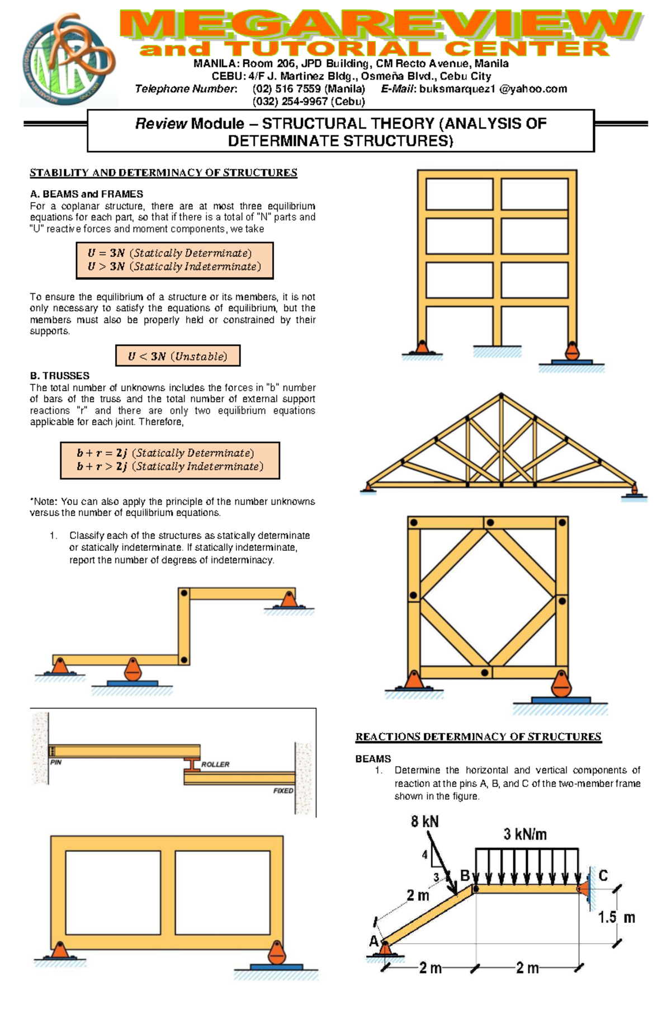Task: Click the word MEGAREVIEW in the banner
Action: point(380,26)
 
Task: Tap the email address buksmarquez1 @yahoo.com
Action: point(493,89)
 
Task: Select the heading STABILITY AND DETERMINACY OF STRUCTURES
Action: point(163,173)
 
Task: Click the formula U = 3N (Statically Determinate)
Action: point(170,253)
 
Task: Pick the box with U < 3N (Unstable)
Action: point(178,356)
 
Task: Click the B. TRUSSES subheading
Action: point(59,376)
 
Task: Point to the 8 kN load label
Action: point(424,822)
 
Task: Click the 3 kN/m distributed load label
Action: point(524,834)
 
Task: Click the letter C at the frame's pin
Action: point(603,875)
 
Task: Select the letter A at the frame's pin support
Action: point(374,941)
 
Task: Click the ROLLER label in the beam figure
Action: point(215,764)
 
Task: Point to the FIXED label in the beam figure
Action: point(283,791)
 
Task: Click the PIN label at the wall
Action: point(56,762)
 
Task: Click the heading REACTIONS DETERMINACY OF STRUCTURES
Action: point(478,737)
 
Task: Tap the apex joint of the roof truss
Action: point(501,396)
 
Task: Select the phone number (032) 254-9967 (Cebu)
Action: point(309,101)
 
